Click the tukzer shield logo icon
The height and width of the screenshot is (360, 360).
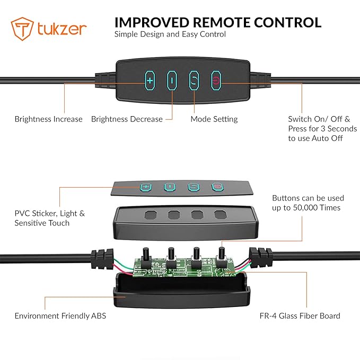(x=22, y=29)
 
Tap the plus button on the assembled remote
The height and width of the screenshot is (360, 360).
(x=150, y=81)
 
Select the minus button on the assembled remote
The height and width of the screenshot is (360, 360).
(x=172, y=81)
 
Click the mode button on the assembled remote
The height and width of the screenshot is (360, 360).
(x=194, y=81)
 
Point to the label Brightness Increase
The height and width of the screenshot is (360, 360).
(x=48, y=119)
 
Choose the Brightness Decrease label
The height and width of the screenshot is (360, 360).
(x=127, y=119)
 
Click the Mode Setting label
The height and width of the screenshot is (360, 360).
(x=214, y=119)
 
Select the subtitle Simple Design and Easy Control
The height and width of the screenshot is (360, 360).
(x=170, y=34)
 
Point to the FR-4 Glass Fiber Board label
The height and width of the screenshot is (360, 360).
(x=300, y=316)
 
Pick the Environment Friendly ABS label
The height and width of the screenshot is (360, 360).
(x=60, y=316)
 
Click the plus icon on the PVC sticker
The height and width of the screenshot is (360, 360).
(x=146, y=187)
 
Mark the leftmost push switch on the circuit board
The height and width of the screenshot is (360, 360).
(x=146, y=257)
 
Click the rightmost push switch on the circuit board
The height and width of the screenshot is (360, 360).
(x=222, y=257)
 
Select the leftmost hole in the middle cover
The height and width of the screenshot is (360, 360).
(x=151, y=215)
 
